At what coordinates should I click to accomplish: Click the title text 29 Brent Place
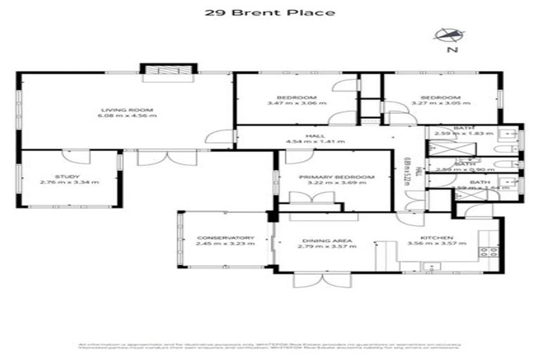[x=270, y=12]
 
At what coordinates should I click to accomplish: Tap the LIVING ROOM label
[x=127, y=110]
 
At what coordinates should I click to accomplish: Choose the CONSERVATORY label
[x=225, y=238]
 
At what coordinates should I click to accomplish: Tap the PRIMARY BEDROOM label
[x=324, y=177]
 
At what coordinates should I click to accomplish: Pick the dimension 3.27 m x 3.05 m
[x=440, y=103]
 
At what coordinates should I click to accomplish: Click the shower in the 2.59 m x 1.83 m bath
[x=444, y=146]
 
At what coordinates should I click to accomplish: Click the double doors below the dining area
[x=312, y=279]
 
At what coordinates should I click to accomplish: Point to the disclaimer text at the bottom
[x=270, y=346]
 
